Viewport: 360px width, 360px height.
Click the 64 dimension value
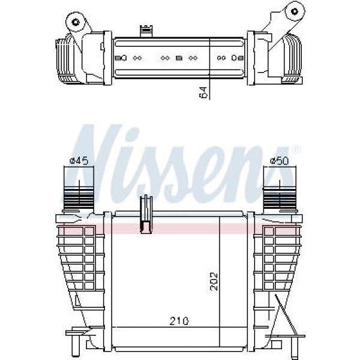203,92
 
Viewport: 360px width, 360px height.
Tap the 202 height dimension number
214,281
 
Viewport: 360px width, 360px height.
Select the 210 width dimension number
179,321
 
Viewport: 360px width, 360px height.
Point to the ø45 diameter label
79,161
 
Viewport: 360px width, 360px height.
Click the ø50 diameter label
279,161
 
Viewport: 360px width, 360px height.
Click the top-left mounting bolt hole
76,22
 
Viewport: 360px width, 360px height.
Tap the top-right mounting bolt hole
294,11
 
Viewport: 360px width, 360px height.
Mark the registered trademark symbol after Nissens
296,149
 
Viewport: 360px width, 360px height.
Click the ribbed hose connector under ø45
79,197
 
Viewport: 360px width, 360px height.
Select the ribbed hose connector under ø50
279,197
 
